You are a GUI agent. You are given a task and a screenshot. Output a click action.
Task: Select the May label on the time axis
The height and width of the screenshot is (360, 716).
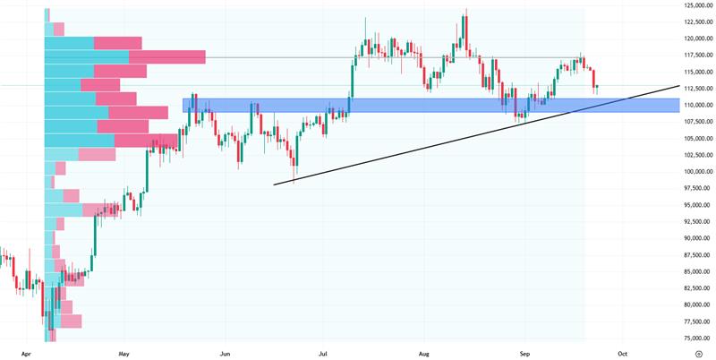pyautogui.click(x=124, y=353)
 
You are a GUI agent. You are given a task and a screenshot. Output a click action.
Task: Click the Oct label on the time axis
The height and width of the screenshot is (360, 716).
pyautogui.click(x=623, y=353)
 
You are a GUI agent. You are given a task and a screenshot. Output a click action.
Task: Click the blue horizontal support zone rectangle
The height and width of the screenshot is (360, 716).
pyautogui.click(x=430, y=106)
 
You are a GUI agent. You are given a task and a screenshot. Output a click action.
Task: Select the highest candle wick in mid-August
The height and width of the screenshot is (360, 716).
pyautogui.click(x=466, y=13)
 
